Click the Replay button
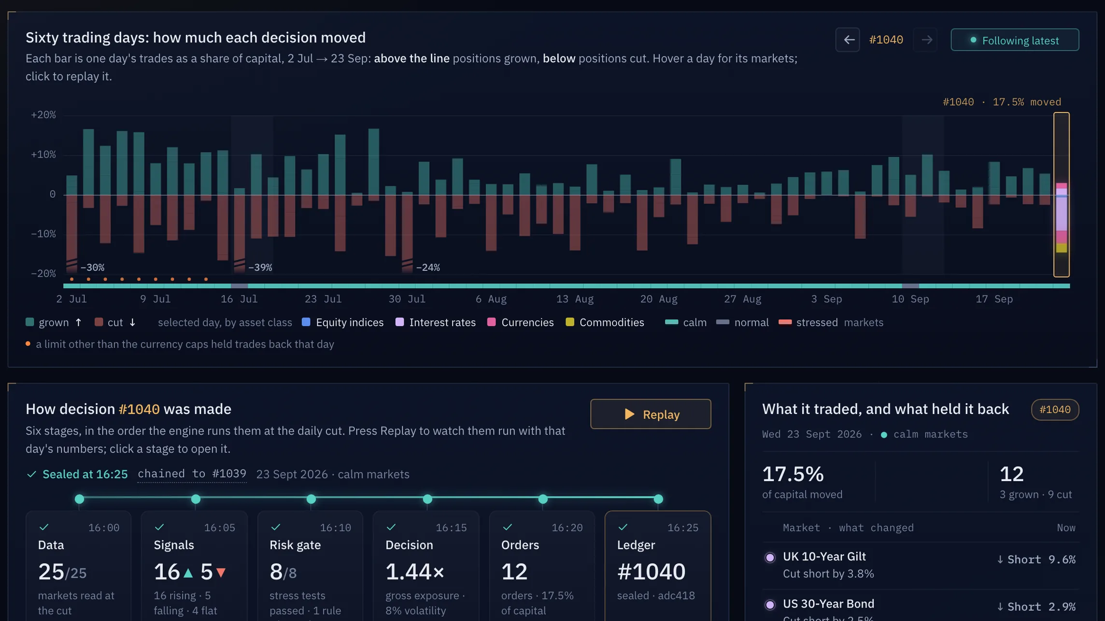coord(651,414)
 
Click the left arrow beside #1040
coord(848,40)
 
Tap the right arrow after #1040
coord(926,40)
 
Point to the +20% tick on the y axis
coord(43,115)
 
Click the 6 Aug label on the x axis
coord(491,299)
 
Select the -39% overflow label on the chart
coord(260,267)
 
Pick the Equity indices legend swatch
coord(306,322)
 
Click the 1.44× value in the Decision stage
coord(415,572)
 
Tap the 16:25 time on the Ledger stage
coord(683,528)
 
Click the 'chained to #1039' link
coord(192,474)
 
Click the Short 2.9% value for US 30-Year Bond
coord(1036,607)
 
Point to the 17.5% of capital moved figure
coord(793,474)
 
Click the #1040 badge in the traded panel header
coord(1055,410)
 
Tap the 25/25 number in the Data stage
coord(62,572)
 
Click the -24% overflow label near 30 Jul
coord(427,267)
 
